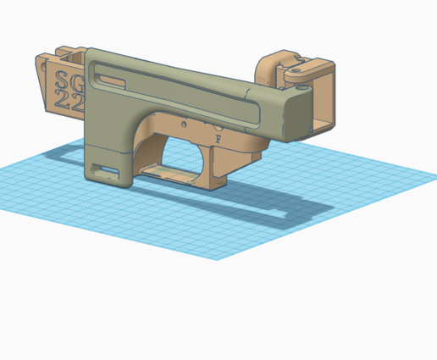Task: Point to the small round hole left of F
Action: pos(185,124)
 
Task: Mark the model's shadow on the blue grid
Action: pos(212,203)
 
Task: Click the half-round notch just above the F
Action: pos(208,123)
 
